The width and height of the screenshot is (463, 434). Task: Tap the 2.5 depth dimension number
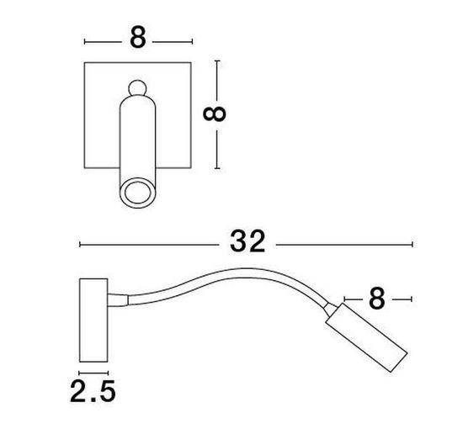pos(93,391)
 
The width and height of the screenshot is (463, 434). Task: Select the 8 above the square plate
pos(138,38)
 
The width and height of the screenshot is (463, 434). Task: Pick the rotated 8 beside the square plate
pos(215,114)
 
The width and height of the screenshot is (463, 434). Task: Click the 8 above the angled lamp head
pos(377,299)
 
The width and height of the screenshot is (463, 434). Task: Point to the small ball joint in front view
pos(137,88)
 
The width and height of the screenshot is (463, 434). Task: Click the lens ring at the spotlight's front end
pos(136,192)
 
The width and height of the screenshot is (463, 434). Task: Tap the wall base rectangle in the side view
pos(93,320)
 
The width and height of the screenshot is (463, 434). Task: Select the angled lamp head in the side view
pos(367,337)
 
